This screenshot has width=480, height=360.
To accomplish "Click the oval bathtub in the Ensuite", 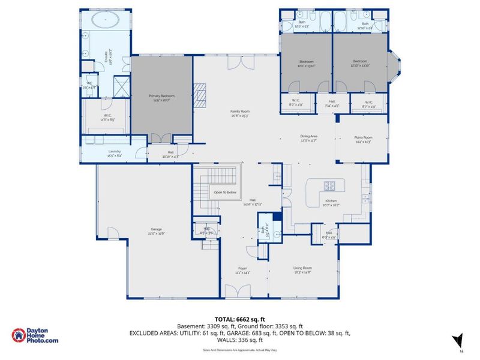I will click(106, 19).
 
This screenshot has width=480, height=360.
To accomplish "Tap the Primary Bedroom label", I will click(161, 98).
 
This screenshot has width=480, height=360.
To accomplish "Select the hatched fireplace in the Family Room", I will click(199, 92).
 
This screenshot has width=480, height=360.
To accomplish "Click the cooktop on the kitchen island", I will click(330, 185).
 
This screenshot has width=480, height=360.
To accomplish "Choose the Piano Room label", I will click(364, 140).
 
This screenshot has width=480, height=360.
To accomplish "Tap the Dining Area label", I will click(309, 138).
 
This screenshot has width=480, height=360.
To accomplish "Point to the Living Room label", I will click(303, 270).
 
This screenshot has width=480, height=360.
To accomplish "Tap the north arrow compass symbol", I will click(458, 340).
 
